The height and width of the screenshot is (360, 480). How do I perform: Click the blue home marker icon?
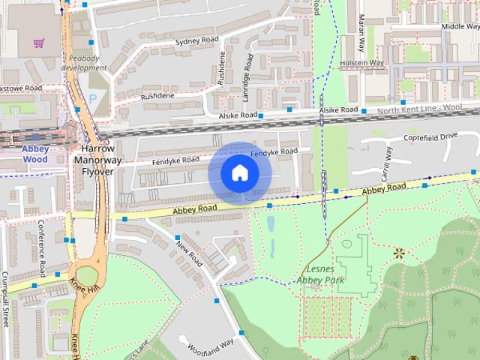pyautogui.click(x=238, y=172)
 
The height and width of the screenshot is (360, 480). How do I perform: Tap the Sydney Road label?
pyautogui.click(x=196, y=40)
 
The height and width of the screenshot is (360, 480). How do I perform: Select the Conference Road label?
pyautogui.click(x=42, y=248)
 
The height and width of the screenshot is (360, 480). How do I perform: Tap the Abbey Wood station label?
pyautogui.click(x=35, y=154)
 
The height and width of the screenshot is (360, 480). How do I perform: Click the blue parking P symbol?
pyautogui.click(x=93, y=98)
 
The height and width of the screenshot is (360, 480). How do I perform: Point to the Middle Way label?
pyautogui.click(x=460, y=26)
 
